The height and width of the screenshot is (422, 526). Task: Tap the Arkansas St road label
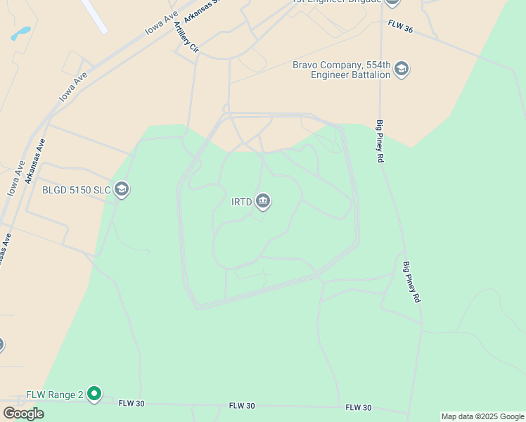click(x=198, y=11)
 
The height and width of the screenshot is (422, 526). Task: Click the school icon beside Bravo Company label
click(x=402, y=69)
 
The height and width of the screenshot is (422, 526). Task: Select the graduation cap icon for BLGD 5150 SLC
click(x=121, y=189)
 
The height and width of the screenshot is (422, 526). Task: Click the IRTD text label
click(x=241, y=203)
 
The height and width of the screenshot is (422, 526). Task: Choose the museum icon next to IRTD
click(x=263, y=202)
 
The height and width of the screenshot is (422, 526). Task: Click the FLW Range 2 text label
click(x=55, y=395)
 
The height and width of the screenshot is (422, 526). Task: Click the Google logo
click(x=23, y=414)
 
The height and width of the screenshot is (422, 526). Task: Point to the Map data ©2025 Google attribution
click(x=482, y=416)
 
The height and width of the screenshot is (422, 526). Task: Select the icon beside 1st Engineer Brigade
click(x=392, y=2)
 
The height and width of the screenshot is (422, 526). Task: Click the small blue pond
click(x=21, y=32)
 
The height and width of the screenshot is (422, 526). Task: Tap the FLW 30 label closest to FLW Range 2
click(x=131, y=404)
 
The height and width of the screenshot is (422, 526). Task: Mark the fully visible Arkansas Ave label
click(x=35, y=161)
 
